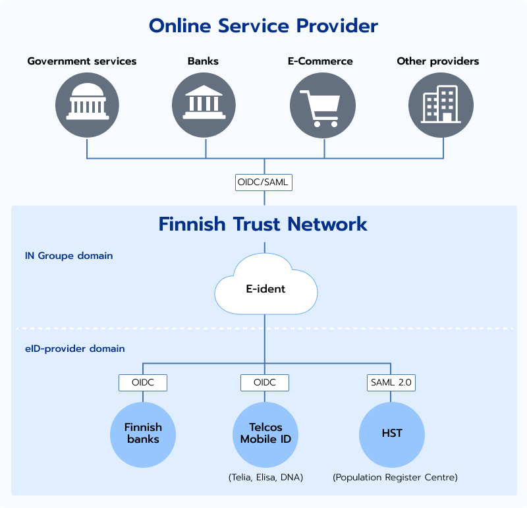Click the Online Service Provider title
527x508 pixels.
263,26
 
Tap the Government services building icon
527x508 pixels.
86,104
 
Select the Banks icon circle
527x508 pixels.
204,104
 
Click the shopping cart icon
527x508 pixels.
323,105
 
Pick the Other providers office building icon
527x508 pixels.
441,104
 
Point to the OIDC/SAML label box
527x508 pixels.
263,182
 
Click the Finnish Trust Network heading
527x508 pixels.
263,224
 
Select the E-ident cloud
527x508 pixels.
265,289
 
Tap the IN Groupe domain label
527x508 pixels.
69,256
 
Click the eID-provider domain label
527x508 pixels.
70,349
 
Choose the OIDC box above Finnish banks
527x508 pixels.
143,382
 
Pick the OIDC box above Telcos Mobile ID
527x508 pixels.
265,382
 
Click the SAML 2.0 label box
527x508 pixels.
391,382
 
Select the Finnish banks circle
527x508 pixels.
143,434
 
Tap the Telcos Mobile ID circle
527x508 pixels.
265,434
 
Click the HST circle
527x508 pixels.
392,434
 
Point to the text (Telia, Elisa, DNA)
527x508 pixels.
265,476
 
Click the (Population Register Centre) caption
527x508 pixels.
395,476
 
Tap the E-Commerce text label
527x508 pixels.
320,61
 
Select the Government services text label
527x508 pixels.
82,61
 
